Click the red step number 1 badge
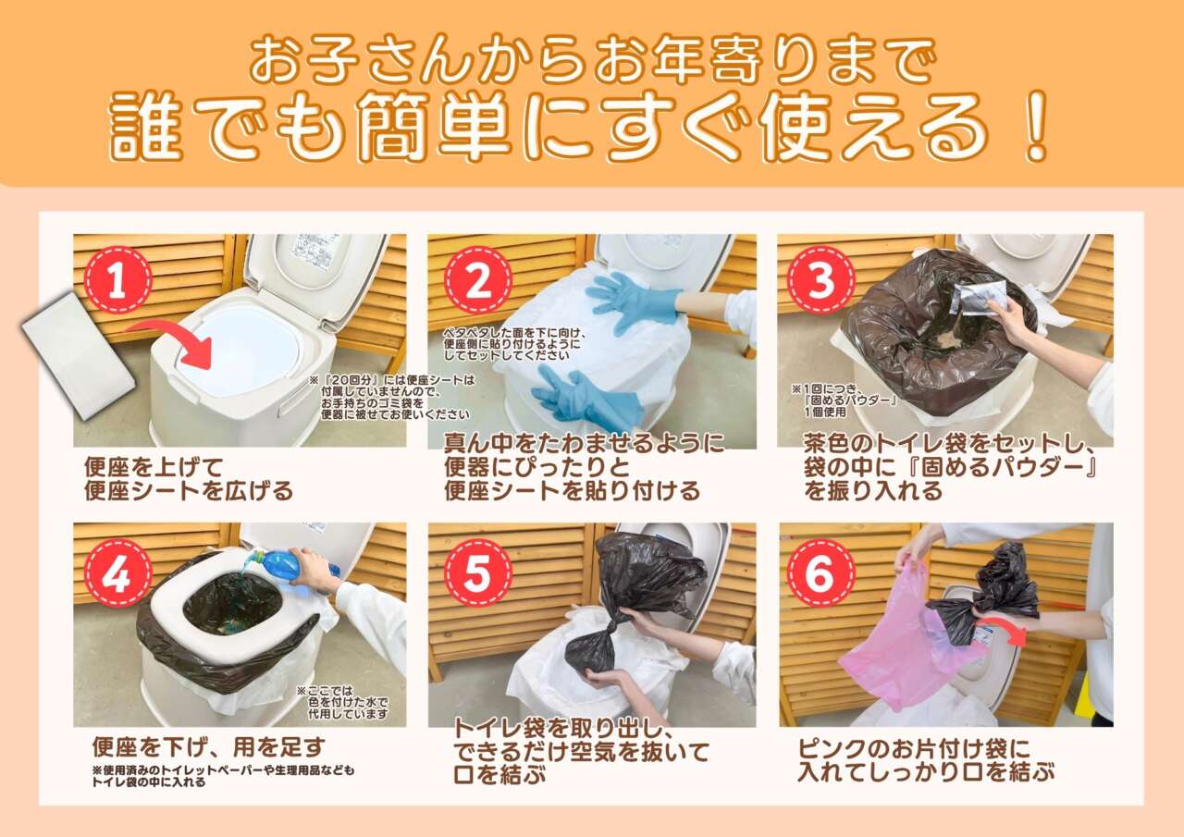pos(118,279)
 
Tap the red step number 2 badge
pos(478,280)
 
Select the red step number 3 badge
pos(820,279)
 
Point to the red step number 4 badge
pos(118,572)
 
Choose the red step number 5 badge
pos(478,572)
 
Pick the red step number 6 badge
pos(820,572)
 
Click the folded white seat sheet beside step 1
pos(78,353)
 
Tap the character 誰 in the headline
pos(144,127)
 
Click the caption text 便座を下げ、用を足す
pos(209,747)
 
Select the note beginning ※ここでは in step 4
pos(342,702)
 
